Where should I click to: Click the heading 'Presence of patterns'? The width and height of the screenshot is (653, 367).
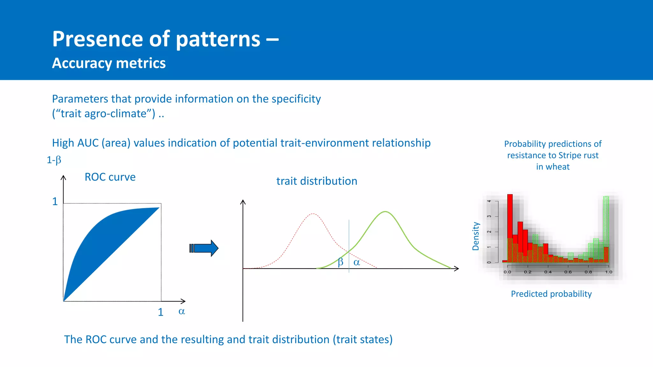point(156,39)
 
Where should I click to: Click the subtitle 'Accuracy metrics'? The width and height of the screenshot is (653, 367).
point(109,63)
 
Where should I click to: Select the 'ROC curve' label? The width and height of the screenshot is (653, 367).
point(110,177)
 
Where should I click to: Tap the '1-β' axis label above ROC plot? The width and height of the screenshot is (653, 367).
point(54,160)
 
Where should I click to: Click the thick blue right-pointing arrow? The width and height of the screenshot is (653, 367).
point(204,248)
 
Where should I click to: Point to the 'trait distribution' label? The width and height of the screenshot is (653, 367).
point(317,181)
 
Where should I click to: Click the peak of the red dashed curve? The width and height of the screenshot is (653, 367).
point(313,214)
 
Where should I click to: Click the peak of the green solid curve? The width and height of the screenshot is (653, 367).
point(385,212)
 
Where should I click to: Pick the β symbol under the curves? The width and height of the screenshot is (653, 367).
point(341,262)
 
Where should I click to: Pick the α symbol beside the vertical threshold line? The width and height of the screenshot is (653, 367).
point(357,263)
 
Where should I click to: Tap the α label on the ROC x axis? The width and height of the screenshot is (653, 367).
point(181,311)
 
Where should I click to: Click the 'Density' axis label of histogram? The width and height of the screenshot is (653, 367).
point(476,236)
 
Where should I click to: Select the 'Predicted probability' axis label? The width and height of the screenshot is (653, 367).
point(551,294)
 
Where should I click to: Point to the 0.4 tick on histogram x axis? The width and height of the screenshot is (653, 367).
point(548,272)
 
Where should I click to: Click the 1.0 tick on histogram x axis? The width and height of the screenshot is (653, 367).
point(609,272)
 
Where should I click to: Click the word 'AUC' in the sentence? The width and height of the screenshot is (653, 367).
point(88,143)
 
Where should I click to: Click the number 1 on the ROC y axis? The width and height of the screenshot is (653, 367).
point(55,202)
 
